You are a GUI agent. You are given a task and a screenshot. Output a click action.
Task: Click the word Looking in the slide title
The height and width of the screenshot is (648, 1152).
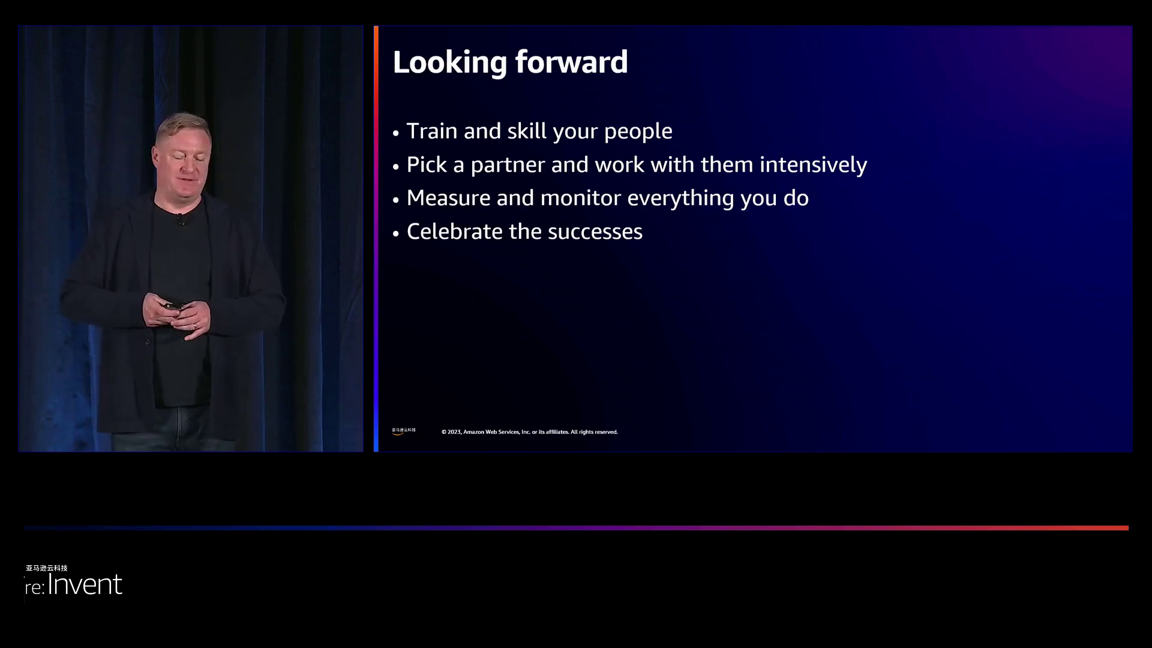point(450,63)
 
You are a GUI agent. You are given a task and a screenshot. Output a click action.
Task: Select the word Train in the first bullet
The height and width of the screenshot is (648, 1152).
point(432,131)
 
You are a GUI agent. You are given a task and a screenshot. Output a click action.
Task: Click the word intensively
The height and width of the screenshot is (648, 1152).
point(813,165)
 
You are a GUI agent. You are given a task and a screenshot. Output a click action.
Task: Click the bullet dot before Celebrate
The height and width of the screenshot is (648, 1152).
point(396,233)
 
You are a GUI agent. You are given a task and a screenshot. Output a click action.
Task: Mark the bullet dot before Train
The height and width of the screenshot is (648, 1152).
point(396,133)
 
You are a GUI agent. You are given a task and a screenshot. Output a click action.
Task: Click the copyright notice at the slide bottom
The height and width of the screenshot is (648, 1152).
point(530,432)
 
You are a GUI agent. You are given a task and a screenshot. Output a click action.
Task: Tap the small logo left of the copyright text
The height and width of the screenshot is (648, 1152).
point(403,431)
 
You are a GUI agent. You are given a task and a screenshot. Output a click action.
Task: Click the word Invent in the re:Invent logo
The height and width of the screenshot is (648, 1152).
point(85,584)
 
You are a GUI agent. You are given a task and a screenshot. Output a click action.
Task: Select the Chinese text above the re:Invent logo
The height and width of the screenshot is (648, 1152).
point(47,568)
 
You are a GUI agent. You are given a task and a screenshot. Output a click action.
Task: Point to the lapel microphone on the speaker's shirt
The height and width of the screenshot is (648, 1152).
point(180,221)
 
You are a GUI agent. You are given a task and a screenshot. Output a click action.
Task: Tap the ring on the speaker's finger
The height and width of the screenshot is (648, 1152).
point(195,326)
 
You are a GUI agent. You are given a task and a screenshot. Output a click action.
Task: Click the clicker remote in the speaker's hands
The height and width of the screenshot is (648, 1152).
point(173,307)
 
